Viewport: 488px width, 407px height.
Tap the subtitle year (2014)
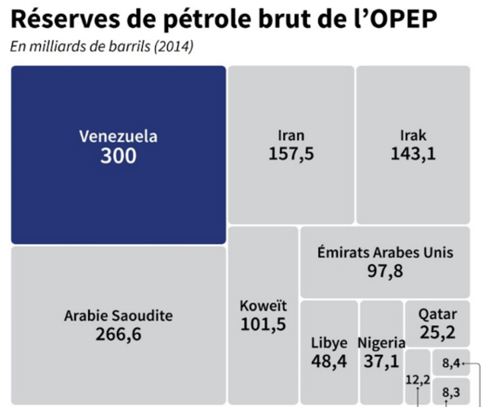173,47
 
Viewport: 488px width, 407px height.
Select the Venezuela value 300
119,156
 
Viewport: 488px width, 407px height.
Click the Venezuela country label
119,137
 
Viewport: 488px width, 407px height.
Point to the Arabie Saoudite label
119,315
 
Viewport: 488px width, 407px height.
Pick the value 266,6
119,335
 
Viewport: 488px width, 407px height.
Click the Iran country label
291,136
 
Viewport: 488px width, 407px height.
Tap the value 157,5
291,154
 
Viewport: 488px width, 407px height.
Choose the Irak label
413,136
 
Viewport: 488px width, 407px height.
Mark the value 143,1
413,153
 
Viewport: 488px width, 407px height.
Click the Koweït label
263,306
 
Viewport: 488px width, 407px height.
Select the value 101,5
263,324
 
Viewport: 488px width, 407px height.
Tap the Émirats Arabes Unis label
385,253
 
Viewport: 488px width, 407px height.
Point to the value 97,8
385,271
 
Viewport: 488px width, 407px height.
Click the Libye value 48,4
329,362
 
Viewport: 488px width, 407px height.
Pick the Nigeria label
382,343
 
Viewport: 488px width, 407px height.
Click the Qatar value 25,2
437,332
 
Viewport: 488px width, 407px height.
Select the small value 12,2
418,380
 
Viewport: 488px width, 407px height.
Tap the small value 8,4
451,363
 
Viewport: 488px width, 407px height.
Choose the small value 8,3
451,392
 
